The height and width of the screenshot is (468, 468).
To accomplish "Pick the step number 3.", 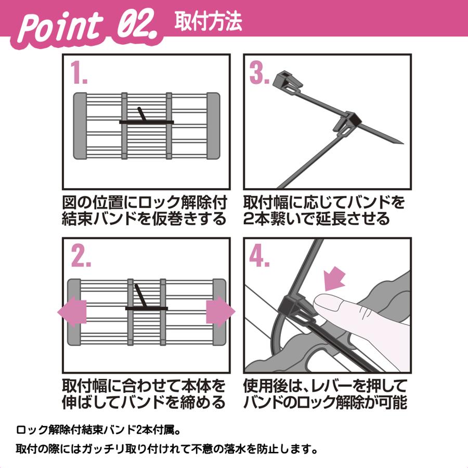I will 260,73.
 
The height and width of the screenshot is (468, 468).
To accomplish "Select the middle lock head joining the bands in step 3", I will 347,123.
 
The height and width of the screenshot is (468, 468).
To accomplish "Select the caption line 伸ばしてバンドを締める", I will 144,401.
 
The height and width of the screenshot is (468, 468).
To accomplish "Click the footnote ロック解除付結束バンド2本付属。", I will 101,430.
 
